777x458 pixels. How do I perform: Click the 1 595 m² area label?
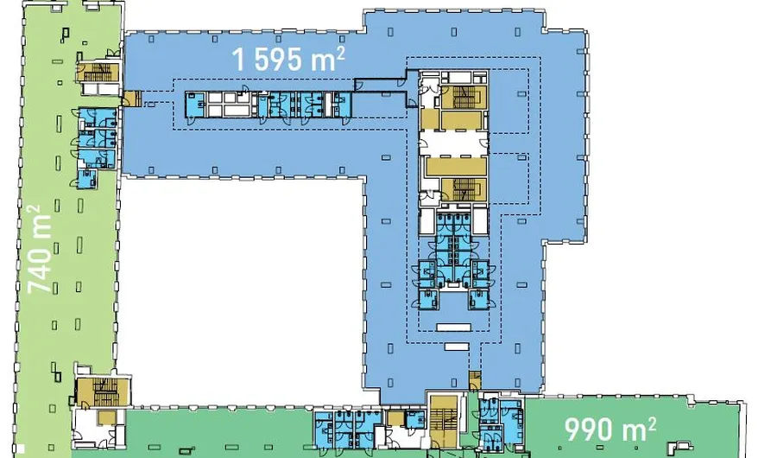point(287,59)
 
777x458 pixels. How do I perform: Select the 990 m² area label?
point(610,429)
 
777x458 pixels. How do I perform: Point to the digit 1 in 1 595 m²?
point(239,60)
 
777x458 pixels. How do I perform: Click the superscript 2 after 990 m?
point(652,423)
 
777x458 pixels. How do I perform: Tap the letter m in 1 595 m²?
point(322,61)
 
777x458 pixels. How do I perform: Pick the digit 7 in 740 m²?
point(40,285)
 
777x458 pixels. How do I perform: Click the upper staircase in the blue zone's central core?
point(464,98)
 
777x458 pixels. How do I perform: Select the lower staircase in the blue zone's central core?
point(464,189)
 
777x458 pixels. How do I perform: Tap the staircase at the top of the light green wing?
point(97,73)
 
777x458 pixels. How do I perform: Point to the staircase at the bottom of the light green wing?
point(102,392)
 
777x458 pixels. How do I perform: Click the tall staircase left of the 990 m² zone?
point(445,422)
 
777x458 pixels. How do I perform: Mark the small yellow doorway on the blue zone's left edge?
point(132,99)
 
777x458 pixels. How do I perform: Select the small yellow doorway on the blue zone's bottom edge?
point(475,380)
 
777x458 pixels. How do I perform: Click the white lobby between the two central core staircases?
point(453,143)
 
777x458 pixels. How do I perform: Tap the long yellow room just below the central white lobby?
point(456,166)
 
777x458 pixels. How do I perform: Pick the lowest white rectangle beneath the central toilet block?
point(457,347)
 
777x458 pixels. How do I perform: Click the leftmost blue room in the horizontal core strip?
point(196,105)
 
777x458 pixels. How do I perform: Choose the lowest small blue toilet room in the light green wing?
point(88,179)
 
